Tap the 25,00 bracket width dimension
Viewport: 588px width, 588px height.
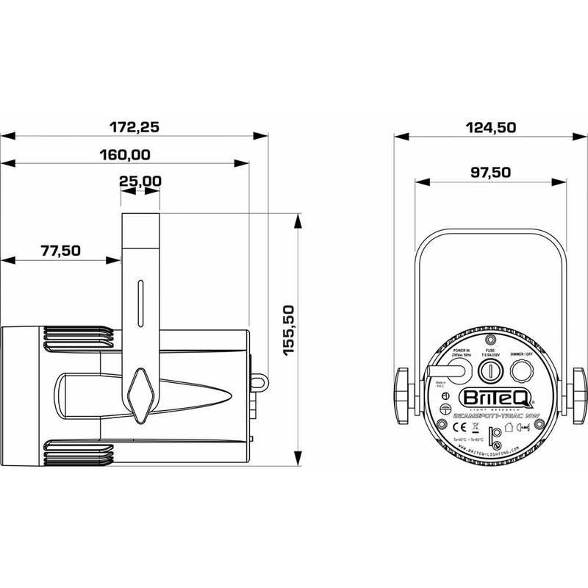coord(140,180)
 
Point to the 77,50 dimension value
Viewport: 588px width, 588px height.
coord(60,250)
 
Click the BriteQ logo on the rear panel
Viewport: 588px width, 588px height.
coord(492,398)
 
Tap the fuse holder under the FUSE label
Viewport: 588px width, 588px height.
coord(490,369)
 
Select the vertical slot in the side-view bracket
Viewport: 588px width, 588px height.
coord(139,301)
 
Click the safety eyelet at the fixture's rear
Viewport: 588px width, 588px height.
coord(259,381)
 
